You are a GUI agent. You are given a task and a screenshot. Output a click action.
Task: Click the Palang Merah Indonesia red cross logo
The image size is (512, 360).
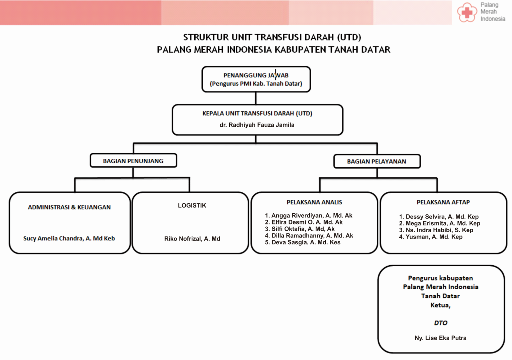point(467,12)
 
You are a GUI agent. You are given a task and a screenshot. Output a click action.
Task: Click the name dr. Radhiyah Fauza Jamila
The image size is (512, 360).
point(257,125)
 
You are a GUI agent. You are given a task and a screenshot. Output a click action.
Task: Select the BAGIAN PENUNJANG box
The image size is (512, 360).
point(133,161)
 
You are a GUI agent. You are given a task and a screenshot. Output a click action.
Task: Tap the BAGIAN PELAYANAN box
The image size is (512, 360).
point(376,161)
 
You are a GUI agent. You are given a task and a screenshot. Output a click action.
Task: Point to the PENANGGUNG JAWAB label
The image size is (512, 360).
point(256,75)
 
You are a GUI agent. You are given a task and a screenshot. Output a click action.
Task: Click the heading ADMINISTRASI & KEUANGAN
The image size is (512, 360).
point(69,207)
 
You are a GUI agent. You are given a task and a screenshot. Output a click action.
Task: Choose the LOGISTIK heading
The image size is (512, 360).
point(192,205)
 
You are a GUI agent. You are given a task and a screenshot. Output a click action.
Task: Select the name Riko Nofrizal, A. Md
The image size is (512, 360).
point(192,239)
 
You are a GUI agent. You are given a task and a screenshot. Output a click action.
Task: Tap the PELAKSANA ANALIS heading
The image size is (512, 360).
point(314,202)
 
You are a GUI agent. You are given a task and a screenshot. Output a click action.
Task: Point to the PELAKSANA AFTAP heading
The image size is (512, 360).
point(443,202)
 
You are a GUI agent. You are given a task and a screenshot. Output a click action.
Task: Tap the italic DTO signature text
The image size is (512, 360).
point(440,323)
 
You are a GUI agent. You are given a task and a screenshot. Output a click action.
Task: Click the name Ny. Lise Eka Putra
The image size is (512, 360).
point(440,338)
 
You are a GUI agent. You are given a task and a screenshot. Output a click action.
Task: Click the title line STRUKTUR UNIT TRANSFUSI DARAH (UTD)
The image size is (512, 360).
point(272,37)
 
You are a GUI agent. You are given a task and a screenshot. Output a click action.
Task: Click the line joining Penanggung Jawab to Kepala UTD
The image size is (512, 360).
point(256,98)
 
